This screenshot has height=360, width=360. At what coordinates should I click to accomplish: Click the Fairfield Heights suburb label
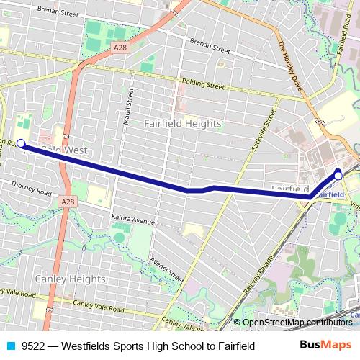click(182, 123)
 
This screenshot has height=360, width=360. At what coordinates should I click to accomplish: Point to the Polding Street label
click(203, 84)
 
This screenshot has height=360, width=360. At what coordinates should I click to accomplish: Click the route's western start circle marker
click(22, 143)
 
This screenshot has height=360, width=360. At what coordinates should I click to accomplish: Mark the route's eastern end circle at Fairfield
click(338, 174)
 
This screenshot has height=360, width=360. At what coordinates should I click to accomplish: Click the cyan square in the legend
click(11, 346)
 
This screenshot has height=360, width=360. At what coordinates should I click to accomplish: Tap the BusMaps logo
click(325, 346)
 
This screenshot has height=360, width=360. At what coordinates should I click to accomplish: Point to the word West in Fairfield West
click(73, 150)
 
